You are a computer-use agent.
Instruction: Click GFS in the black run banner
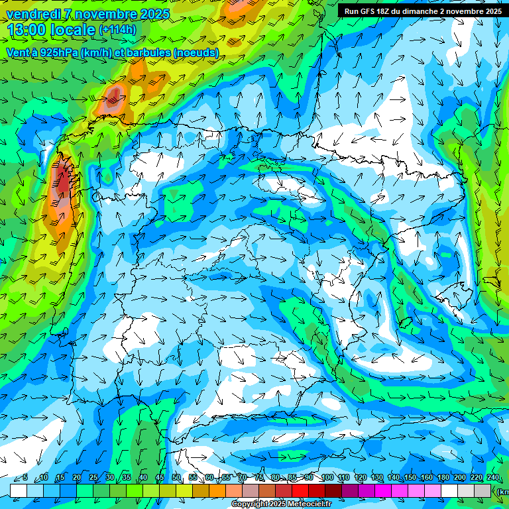point(369,11)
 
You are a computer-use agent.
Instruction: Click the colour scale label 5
point(25,478)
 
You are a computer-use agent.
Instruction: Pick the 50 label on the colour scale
point(176,478)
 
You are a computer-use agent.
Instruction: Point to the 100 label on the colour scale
point(327,478)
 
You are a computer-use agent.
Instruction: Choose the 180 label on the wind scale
point(443,478)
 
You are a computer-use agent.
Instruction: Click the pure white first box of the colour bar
point(19,490)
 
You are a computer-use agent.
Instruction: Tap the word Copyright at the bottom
point(250,504)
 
